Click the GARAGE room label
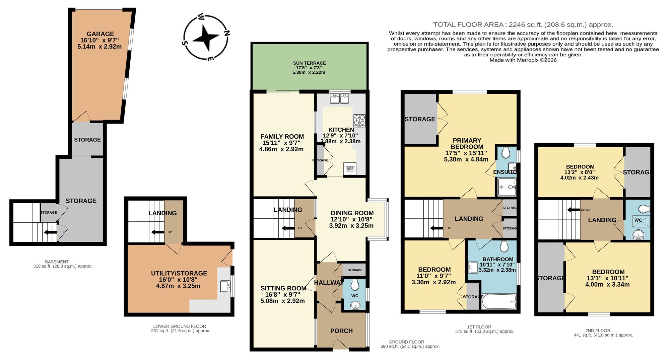click(100, 34)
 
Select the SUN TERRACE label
click(309, 63)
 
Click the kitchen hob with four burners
click(359, 120)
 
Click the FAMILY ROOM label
click(282, 137)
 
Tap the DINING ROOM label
click(352, 213)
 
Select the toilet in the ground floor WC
click(354, 285)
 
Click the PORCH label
click(341, 331)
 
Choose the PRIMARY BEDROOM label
click(467, 144)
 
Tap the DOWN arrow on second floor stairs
click(574, 210)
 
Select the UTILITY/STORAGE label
click(179, 274)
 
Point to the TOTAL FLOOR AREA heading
click(523, 24)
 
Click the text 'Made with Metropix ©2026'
click(523, 60)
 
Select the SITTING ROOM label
click(283, 288)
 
